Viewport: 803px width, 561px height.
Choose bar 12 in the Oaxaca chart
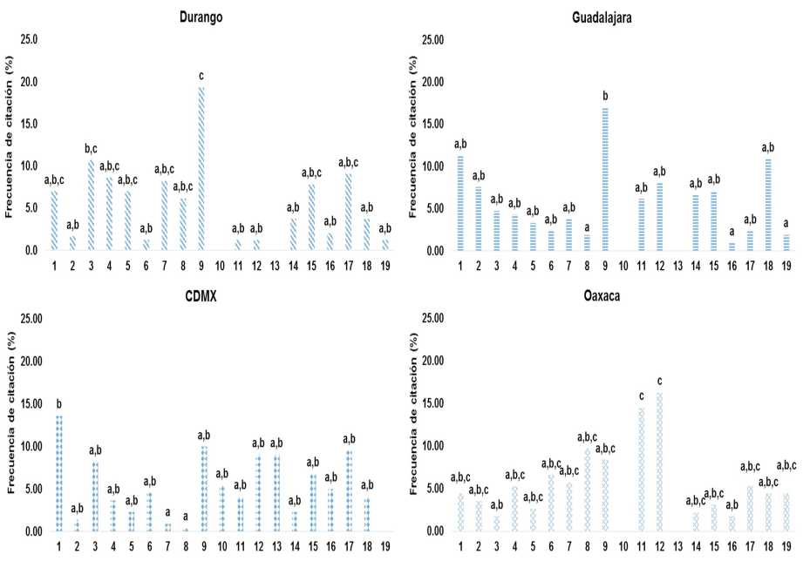coord(659,462)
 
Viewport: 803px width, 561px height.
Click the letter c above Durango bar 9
coord(201,76)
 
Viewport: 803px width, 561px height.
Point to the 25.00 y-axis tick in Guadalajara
coord(432,39)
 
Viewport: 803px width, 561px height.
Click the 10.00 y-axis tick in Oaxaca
coord(432,446)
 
